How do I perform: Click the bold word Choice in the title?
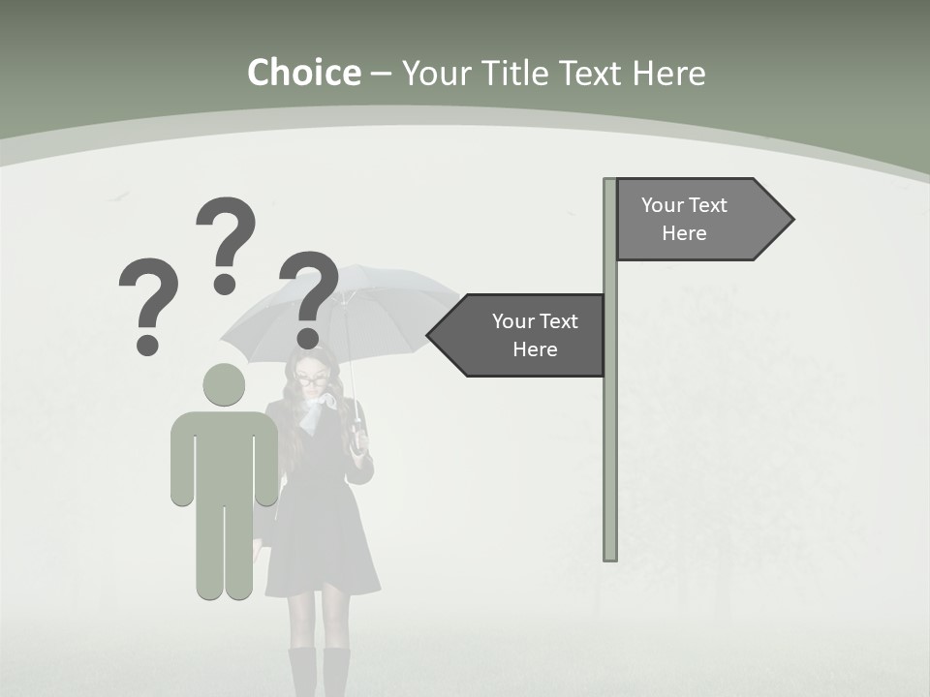point(303,73)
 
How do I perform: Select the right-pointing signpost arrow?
point(697,219)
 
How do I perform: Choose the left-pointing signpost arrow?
point(523,335)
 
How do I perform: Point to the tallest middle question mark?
point(227,232)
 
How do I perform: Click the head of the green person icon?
point(224,384)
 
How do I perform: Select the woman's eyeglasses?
point(312,380)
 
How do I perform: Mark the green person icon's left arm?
point(181,460)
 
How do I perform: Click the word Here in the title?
point(668,73)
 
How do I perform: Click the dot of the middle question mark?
point(225,284)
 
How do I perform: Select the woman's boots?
point(320,673)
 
